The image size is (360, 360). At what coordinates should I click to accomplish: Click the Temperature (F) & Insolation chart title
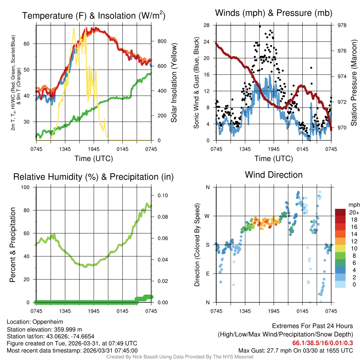pos(94,15)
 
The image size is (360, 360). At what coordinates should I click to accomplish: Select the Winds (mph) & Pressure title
pos(274,13)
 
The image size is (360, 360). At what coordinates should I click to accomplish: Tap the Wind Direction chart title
pos(274,175)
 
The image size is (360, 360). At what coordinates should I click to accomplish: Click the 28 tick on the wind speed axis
pos(207,25)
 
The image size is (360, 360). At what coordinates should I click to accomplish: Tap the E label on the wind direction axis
pos(207,274)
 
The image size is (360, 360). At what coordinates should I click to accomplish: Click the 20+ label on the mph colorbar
pos(354,212)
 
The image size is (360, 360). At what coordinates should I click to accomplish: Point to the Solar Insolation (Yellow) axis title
pos(174,83)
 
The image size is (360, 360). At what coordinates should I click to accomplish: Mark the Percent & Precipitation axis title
pos(13,245)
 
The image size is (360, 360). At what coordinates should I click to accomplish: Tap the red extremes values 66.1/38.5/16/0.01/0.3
pos(322,343)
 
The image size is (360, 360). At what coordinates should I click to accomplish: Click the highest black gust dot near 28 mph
pos(260,26)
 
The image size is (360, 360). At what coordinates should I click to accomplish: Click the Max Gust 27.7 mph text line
pos(295,351)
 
